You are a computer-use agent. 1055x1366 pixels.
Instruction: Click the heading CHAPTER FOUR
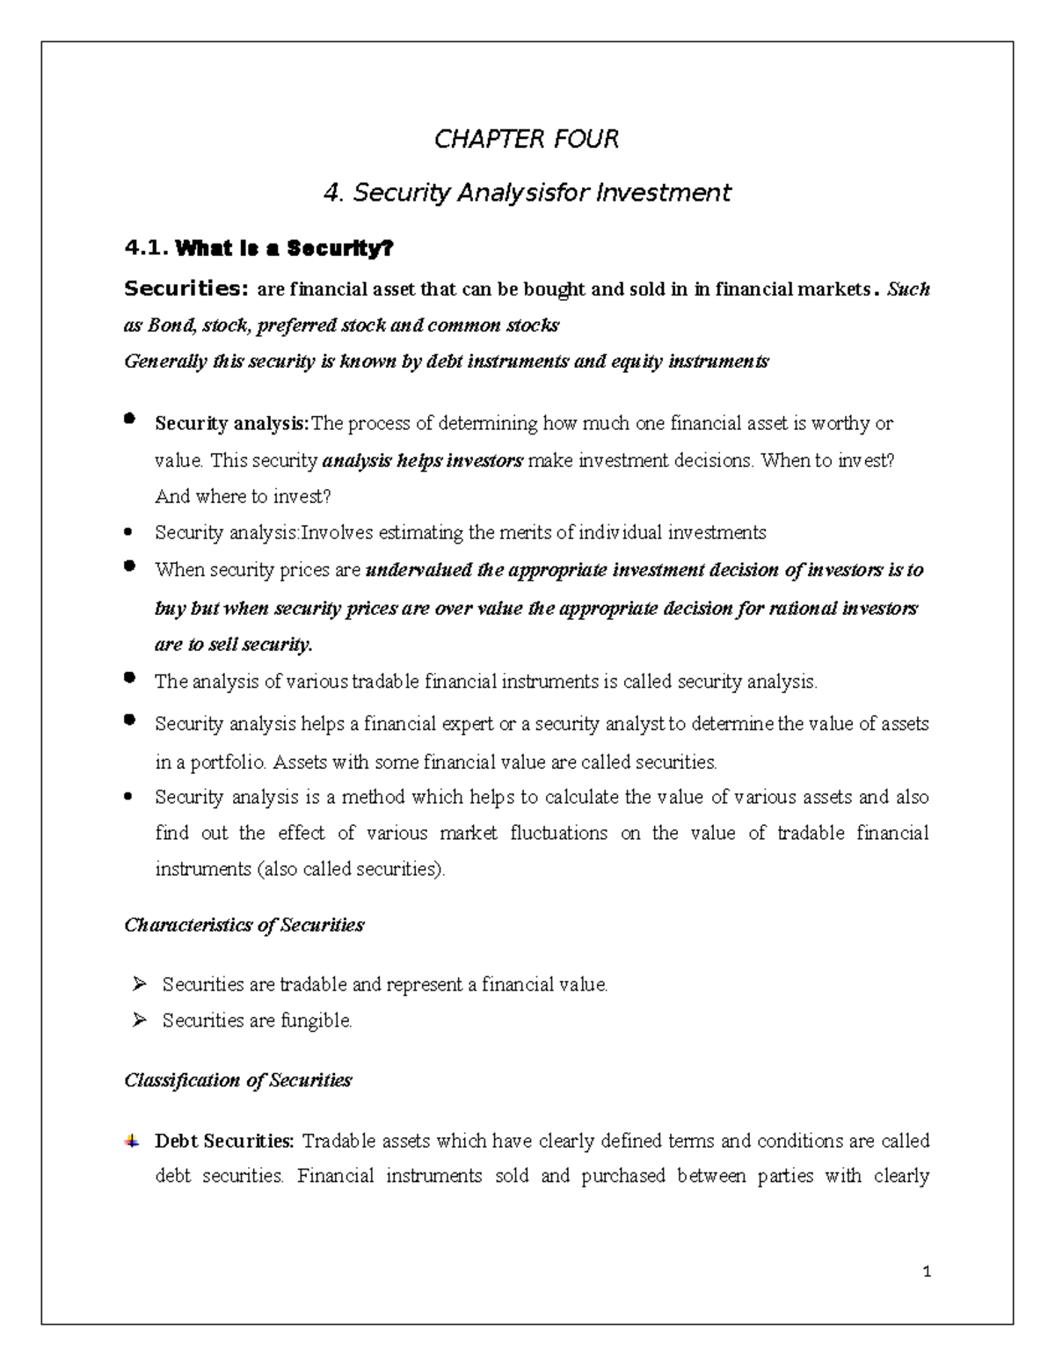coord(527,139)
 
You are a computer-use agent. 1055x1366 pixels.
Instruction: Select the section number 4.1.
coord(147,249)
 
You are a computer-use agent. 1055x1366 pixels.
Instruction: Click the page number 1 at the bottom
coord(927,1272)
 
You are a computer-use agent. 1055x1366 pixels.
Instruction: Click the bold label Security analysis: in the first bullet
coord(232,424)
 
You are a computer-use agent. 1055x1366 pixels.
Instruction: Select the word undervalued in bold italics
coord(418,570)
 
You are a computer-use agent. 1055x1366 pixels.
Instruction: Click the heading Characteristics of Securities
coord(244,925)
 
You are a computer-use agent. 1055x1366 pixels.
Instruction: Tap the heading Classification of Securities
coord(237,1080)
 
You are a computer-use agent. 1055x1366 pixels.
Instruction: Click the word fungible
coord(316,1021)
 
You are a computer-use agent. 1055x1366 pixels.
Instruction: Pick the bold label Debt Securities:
coord(224,1142)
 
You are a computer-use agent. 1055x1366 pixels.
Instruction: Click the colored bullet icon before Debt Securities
coord(132,1142)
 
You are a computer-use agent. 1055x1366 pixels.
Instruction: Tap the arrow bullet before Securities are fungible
coord(139,1020)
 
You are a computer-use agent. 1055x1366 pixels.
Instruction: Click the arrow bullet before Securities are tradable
coord(139,984)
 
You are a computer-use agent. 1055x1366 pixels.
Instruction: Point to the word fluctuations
coord(558,833)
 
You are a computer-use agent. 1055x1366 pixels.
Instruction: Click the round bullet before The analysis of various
coord(130,678)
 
